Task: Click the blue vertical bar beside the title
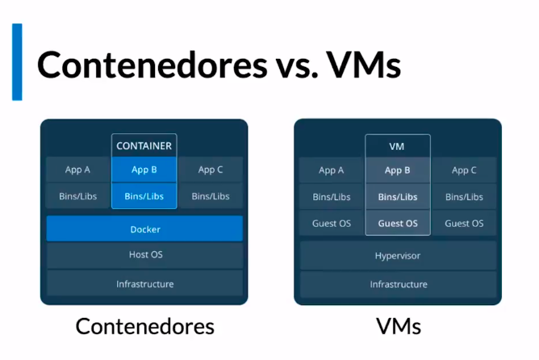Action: point(17,62)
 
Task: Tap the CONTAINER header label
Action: point(144,146)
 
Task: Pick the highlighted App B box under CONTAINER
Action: point(144,170)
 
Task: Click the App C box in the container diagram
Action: point(211,170)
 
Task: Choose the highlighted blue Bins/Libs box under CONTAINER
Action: point(144,196)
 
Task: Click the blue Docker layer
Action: point(144,229)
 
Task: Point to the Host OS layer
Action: point(144,255)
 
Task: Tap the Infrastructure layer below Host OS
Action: point(144,283)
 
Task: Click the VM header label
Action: point(397,146)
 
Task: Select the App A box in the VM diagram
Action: point(331,170)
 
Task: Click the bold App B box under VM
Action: point(397,170)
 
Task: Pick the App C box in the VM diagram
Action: point(464,170)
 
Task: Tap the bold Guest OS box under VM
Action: point(397,224)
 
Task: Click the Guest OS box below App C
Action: point(464,224)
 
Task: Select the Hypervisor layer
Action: point(398,256)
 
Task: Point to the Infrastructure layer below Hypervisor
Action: point(398,284)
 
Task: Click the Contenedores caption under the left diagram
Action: point(144,326)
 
